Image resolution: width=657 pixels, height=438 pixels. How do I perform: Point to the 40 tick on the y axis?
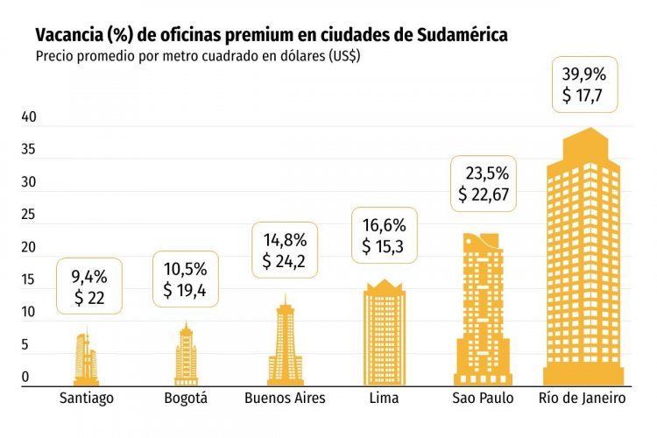(28, 117)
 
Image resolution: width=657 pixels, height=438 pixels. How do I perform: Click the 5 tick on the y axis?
(26, 345)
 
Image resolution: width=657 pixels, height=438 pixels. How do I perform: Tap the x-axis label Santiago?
(87, 399)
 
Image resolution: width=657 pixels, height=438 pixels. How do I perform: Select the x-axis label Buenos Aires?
(285, 399)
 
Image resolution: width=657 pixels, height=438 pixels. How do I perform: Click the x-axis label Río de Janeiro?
(583, 399)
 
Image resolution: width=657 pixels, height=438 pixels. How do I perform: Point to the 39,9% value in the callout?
(583, 74)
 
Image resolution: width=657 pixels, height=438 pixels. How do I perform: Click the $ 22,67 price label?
(484, 194)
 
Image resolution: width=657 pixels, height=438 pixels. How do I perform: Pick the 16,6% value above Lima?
(384, 226)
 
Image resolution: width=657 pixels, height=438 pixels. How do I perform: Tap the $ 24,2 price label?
(285, 261)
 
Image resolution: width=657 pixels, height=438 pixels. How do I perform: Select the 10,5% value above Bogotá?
(186, 270)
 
